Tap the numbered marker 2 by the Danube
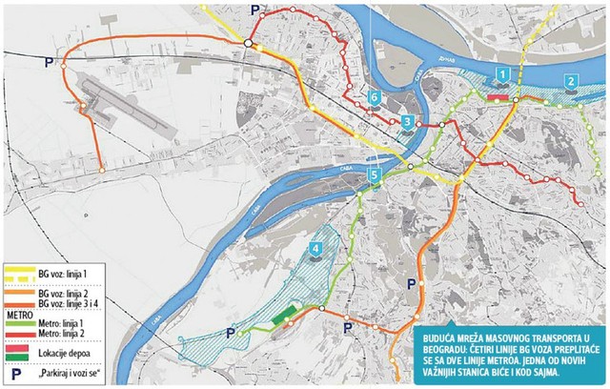570,82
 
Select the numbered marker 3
407,122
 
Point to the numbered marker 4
315,251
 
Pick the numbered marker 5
375,175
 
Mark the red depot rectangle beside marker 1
498,96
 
